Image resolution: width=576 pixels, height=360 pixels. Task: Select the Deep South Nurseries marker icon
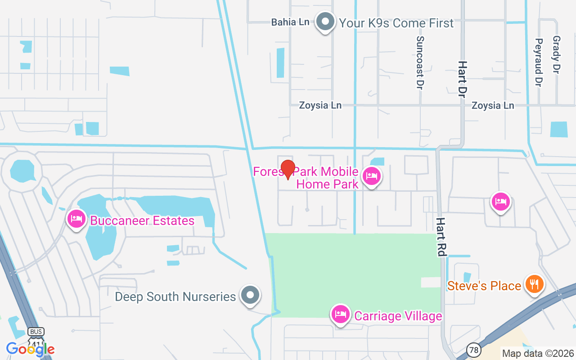pos(250,295)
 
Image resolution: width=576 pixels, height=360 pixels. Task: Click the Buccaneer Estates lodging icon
pos(76,219)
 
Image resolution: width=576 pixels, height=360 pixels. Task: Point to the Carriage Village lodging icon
pos(341,314)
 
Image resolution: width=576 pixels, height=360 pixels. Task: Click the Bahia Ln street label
pos(290,22)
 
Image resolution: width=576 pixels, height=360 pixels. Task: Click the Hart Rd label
pos(441,237)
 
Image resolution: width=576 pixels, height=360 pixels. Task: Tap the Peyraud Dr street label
pos(538,62)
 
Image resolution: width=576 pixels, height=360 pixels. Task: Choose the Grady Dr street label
pos(556,55)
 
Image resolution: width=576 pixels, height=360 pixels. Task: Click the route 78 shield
pos(473,349)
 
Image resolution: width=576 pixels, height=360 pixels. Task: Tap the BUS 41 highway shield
pos(36,335)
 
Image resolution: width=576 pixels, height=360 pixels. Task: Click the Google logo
pos(30,349)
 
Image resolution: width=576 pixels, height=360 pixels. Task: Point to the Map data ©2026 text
pos(538,353)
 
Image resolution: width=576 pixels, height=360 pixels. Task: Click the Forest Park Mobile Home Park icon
pos(371,176)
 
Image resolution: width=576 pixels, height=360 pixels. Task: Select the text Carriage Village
pos(398,316)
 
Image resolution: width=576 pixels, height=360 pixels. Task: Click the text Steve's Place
pos(484,286)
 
